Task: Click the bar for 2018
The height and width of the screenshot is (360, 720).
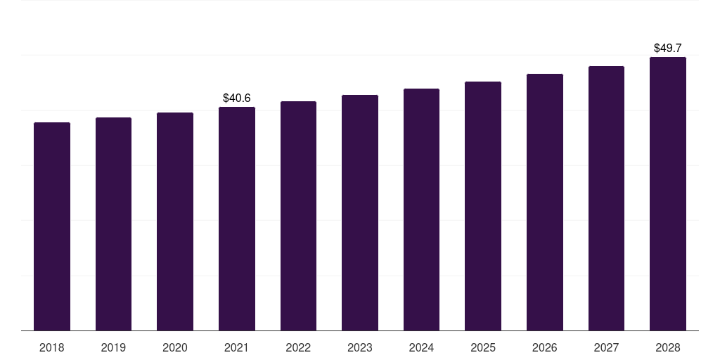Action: pos(52,226)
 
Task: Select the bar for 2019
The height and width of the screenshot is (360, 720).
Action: pos(113,224)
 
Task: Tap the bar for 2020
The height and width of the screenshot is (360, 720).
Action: pos(175,221)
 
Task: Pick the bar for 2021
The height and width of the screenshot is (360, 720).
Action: pos(237,219)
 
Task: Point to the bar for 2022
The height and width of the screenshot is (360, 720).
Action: pos(298,216)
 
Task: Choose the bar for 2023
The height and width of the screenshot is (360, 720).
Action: pos(360,212)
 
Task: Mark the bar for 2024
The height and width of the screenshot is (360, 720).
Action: pos(421,210)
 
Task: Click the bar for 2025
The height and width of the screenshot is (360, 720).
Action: pos(483,206)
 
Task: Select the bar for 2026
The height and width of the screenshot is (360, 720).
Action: pos(545,202)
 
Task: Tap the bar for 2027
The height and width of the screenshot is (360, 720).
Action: pos(606,198)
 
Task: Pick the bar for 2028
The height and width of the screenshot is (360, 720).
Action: pos(668,193)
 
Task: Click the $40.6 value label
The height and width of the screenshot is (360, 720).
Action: pos(237,98)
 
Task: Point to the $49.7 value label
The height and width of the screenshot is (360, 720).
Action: pos(668,49)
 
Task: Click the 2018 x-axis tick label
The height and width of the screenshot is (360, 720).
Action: pos(52,347)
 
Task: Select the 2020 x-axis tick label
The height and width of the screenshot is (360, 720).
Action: pos(175,347)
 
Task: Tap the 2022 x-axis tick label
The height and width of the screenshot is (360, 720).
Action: pos(298,347)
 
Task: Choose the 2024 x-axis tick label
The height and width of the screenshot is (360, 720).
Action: pos(421,347)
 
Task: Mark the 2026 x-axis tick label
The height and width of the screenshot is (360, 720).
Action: pos(545,347)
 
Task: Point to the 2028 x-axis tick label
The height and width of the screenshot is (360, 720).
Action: pos(668,347)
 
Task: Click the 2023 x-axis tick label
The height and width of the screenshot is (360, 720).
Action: pos(360,347)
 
